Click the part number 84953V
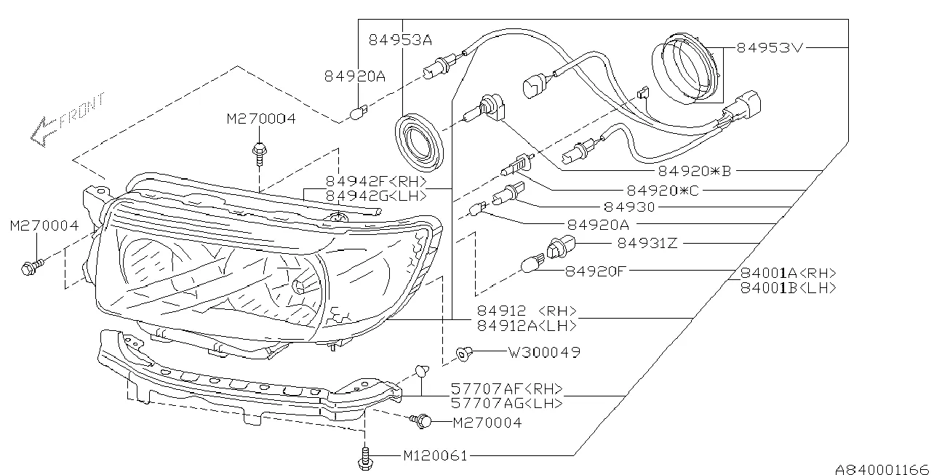tap(770, 48)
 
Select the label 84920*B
tap(694, 171)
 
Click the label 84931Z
tap(647, 242)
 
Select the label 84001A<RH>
tap(788, 274)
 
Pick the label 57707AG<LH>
tap(506, 403)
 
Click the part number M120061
tap(435, 456)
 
